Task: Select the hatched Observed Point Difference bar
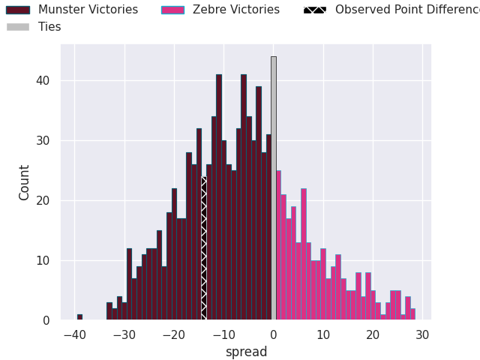click(203, 248)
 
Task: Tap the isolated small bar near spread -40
click(79, 317)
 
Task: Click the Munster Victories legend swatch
click(18, 10)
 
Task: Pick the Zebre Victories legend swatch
click(173, 10)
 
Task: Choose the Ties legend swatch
click(18, 27)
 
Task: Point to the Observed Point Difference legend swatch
click(315, 10)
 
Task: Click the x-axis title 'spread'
click(246, 352)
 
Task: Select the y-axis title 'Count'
click(25, 182)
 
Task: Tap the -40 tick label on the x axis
click(73, 334)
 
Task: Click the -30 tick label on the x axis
click(123, 334)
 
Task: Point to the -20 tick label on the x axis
click(173, 334)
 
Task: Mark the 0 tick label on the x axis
click(273, 334)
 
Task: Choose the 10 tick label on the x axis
click(322, 334)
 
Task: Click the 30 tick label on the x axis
click(422, 334)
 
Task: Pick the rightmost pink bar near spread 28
click(412, 314)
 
